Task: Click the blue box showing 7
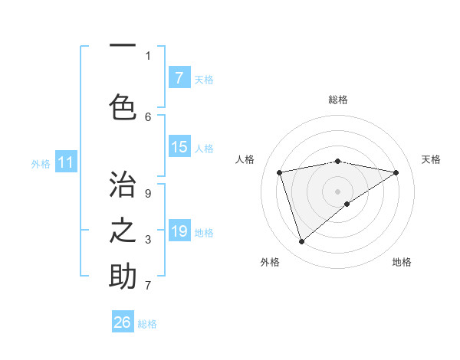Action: (x=179, y=78)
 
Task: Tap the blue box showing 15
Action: (x=179, y=147)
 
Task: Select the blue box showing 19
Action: (x=179, y=231)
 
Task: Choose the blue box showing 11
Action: (x=65, y=162)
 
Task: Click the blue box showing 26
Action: (x=123, y=322)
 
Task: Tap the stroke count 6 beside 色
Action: (x=148, y=116)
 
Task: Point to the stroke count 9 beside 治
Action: (x=148, y=194)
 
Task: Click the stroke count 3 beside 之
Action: (x=148, y=240)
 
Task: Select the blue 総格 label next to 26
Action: (x=147, y=323)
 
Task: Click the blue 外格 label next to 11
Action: (x=40, y=163)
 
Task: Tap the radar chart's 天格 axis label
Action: (x=431, y=159)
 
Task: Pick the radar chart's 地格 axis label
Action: (x=402, y=262)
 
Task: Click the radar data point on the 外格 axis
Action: (x=301, y=242)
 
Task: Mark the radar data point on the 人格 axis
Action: (x=280, y=172)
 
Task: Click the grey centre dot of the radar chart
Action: (x=337, y=191)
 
